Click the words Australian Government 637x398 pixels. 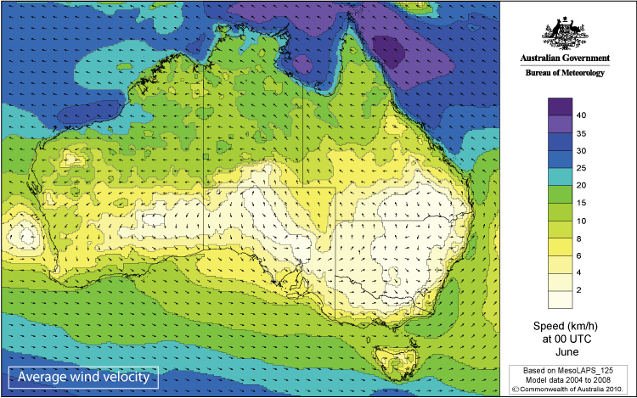coord(565,59)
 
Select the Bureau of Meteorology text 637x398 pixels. coord(565,74)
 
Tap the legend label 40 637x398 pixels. coord(582,115)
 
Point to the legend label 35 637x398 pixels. coord(582,133)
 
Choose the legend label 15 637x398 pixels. coord(582,203)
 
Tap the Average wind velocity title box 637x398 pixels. coord(82,376)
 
